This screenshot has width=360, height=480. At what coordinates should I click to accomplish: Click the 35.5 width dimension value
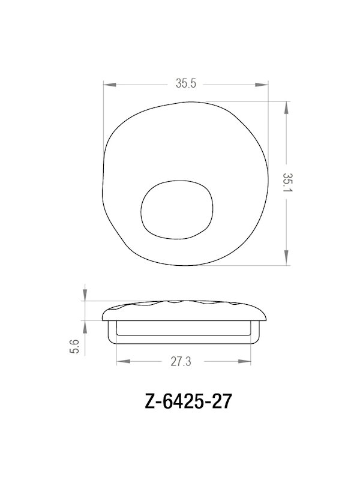click(x=186, y=84)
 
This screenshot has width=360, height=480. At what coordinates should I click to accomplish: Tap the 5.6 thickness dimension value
click(x=74, y=347)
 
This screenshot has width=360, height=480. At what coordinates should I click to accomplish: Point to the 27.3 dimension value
click(x=184, y=362)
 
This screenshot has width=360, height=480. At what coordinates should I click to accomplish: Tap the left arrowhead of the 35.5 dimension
click(x=109, y=84)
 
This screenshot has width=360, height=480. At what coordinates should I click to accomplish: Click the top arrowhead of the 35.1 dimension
click(x=287, y=108)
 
